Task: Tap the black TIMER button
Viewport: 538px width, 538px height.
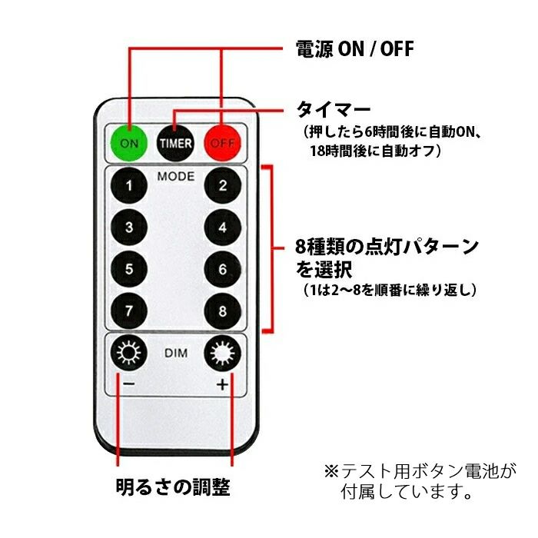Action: [175, 141]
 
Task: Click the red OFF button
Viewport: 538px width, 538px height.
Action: [223, 141]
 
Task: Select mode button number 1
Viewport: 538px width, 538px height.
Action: [129, 185]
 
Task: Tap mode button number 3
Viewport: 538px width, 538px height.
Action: [129, 227]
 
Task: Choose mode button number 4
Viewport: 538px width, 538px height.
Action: [223, 227]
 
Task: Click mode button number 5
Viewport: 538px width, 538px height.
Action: [129, 269]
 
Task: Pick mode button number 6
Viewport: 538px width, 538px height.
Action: [223, 269]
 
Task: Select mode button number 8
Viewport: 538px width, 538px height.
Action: [223, 311]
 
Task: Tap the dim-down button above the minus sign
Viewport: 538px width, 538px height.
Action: [128, 354]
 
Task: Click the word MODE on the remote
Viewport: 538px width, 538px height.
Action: [176, 176]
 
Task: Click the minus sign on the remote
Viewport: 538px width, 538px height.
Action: [128, 384]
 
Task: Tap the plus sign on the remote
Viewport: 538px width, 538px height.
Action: [223, 384]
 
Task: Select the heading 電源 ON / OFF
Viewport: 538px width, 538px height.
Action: [355, 49]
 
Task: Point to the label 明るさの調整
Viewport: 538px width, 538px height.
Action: [172, 487]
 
